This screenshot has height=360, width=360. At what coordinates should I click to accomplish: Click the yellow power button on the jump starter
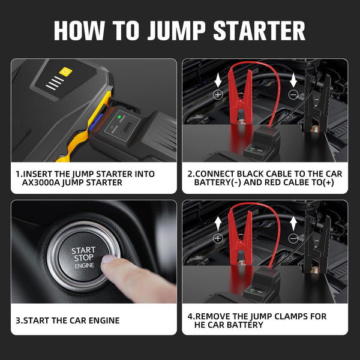65,71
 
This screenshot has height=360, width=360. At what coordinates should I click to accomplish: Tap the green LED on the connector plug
119,116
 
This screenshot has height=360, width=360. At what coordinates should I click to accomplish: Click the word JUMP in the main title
176,31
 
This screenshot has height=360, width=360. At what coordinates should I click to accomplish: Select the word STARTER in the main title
259,31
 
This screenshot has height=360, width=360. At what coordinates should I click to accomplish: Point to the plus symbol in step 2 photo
218,94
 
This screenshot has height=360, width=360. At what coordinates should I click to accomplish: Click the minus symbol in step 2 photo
293,94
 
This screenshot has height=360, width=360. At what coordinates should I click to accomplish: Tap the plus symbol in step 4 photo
218,238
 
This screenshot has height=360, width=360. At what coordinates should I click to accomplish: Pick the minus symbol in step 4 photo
293,238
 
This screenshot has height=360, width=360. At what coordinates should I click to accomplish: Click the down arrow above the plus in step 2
218,80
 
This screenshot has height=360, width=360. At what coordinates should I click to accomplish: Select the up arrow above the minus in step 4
293,224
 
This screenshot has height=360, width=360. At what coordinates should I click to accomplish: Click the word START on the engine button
83,250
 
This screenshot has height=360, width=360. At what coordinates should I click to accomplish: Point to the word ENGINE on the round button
85,266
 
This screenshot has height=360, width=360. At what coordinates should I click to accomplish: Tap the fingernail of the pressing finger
109,259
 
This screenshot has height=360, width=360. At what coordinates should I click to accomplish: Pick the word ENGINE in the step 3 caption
104,320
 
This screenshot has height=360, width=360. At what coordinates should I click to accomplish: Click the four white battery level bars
55,83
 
